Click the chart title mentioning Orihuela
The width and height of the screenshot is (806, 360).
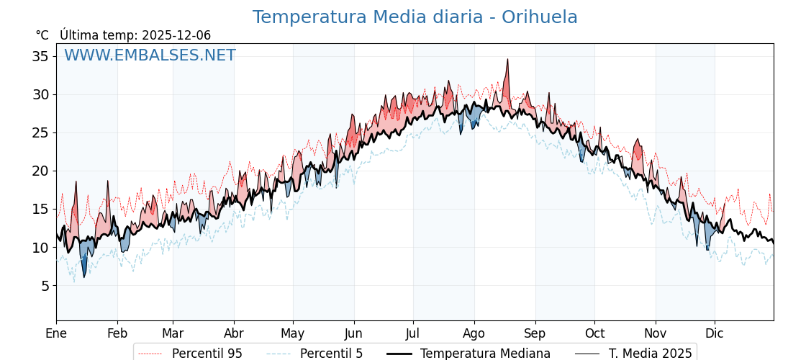click(x=415, y=17)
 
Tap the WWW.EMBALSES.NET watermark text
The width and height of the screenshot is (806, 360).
click(x=150, y=55)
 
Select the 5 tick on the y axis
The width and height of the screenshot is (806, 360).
click(x=45, y=286)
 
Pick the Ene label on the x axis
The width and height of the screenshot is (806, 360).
click(x=56, y=334)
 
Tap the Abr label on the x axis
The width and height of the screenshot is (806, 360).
click(x=234, y=334)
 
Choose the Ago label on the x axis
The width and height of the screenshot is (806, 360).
click(x=474, y=334)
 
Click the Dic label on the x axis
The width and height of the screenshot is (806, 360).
click(x=715, y=334)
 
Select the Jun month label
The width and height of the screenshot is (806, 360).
click(x=353, y=334)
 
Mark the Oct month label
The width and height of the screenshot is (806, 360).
click(x=594, y=334)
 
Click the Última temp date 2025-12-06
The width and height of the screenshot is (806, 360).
click(x=176, y=35)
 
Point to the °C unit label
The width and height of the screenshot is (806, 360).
click(x=42, y=35)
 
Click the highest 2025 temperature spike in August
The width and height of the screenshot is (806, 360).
click(x=507, y=60)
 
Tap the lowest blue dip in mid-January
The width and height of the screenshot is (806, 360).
click(x=84, y=276)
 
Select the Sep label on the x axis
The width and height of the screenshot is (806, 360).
click(x=535, y=334)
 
